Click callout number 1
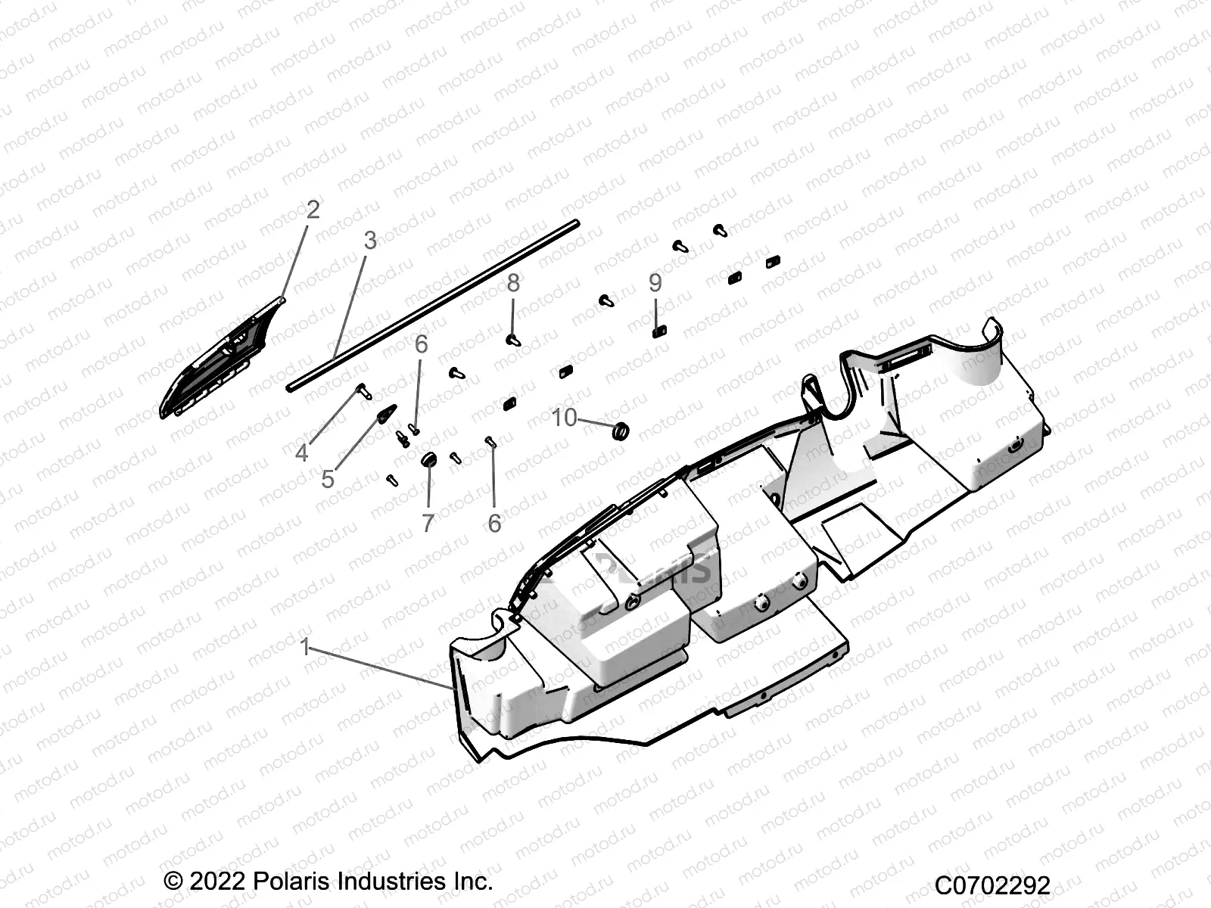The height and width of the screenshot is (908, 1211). click(x=305, y=648)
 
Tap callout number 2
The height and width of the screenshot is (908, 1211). click(x=313, y=210)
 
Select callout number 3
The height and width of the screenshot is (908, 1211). click(x=369, y=241)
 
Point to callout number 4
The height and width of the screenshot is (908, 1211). click(x=301, y=453)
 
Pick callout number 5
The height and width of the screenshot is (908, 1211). click(x=328, y=479)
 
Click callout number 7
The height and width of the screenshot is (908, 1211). click(x=428, y=523)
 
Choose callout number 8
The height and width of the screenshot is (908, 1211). click(x=513, y=283)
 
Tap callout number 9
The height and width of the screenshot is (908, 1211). click(x=655, y=283)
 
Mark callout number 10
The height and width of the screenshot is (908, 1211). click(x=564, y=418)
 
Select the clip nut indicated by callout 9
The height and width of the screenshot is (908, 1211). click(x=658, y=330)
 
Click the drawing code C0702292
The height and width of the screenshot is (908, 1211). click(x=992, y=885)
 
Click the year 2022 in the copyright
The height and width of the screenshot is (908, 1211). click(x=216, y=882)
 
